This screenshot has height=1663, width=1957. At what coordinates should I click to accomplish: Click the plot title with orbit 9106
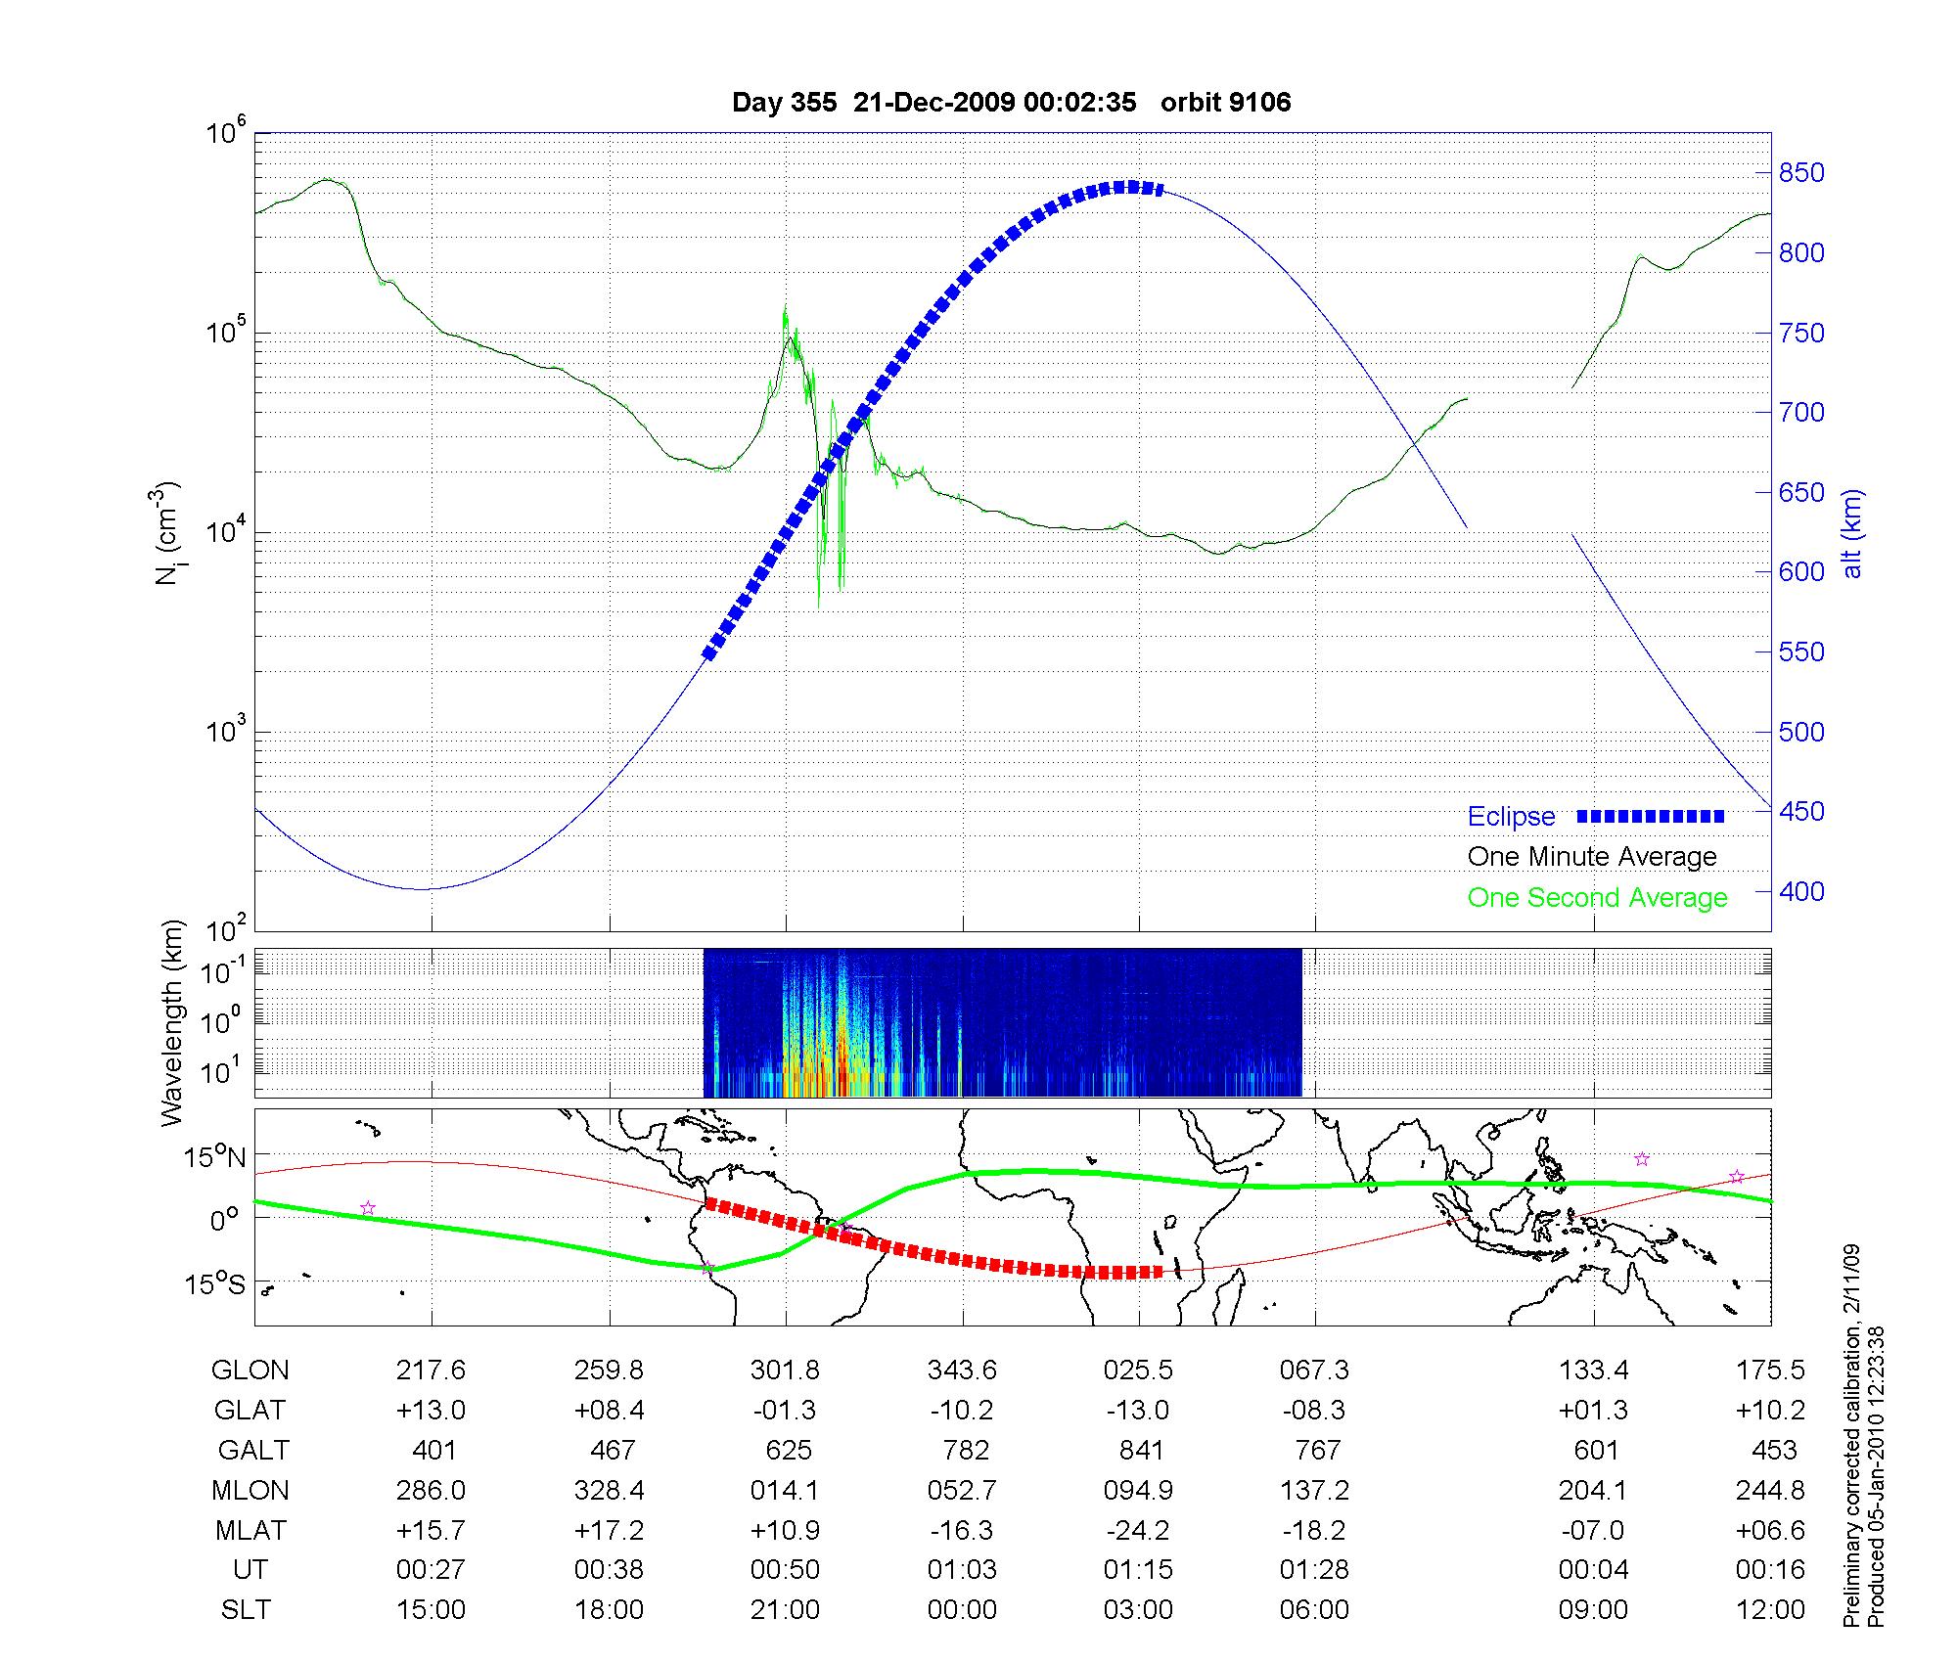coord(1011,103)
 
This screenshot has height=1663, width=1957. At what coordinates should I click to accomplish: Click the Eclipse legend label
coord(1511,817)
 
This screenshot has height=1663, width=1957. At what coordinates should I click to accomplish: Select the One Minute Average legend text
coord(1592,857)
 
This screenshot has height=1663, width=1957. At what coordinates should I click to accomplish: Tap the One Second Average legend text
coord(1597,898)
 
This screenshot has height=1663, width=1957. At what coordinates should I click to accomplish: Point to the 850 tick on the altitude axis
coord(1801,173)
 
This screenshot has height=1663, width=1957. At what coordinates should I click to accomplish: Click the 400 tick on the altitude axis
coord(1801,891)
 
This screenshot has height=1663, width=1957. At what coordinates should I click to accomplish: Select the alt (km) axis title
coord(1852,533)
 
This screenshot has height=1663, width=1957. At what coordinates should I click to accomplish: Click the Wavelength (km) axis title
coord(172,1023)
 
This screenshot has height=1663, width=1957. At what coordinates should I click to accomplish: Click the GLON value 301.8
coord(785,1371)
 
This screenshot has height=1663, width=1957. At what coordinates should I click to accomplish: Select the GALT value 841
coord(1141,1450)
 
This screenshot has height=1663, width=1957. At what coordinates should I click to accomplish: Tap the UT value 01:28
coord(1314,1570)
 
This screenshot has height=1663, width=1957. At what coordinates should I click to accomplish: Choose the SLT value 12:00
coord(1770,1610)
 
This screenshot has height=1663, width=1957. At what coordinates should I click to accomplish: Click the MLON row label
coord(250,1490)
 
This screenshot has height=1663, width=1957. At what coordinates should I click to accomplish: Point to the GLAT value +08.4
coord(609,1411)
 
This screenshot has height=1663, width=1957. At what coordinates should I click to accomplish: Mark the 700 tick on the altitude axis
coord(1801,413)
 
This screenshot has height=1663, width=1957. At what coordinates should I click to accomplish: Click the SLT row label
coord(246,1610)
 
